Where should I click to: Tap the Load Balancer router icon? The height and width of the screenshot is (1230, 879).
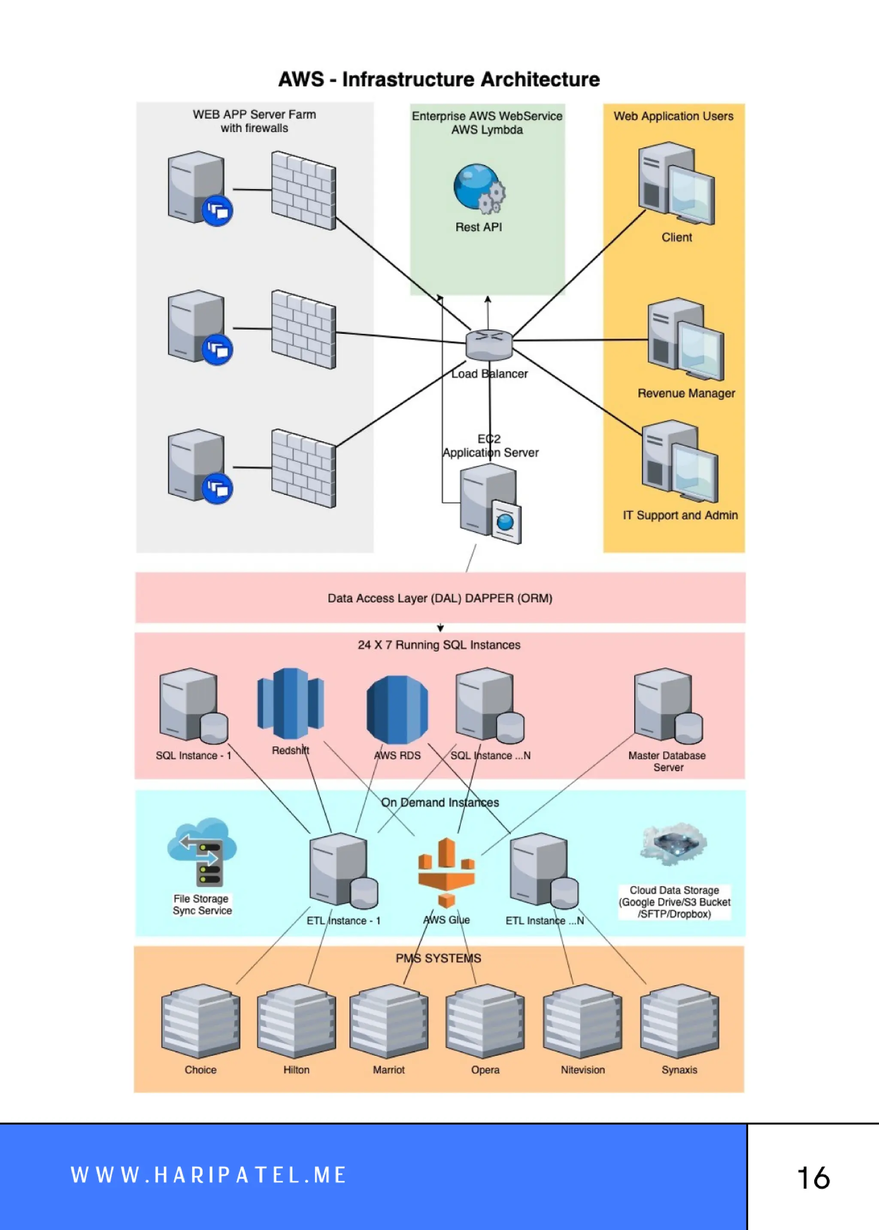coord(489,344)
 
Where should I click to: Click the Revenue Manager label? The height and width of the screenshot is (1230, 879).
coord(686,393)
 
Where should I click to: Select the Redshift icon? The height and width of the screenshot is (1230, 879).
coord(290,704)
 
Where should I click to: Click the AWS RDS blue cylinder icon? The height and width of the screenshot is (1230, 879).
coord(397,709)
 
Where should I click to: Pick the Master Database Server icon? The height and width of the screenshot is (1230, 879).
coord(668,705)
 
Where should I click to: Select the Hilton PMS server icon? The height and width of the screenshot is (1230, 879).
coord(296,1021)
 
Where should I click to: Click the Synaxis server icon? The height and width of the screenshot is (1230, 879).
coord(679,1021)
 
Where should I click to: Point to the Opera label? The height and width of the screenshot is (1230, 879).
coord(485,1070)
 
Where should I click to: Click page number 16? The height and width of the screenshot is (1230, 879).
coord(813,1178)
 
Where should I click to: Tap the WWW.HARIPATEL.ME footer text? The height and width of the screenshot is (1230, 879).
coord(209,1175)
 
